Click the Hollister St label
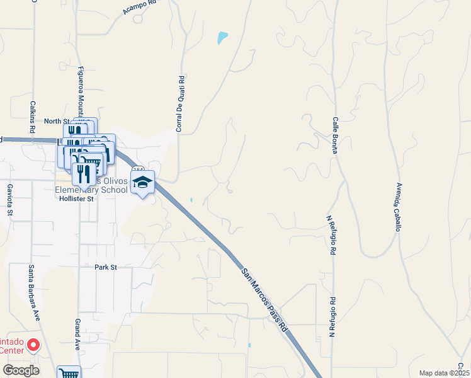point(76,198)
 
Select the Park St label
point(106,267)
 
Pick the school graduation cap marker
point(143,182)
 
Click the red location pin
point(33,345)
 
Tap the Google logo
point(21,370)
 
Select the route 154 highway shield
point(139,170)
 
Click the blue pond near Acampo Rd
point(222,38)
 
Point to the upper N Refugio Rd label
point(329,234)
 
